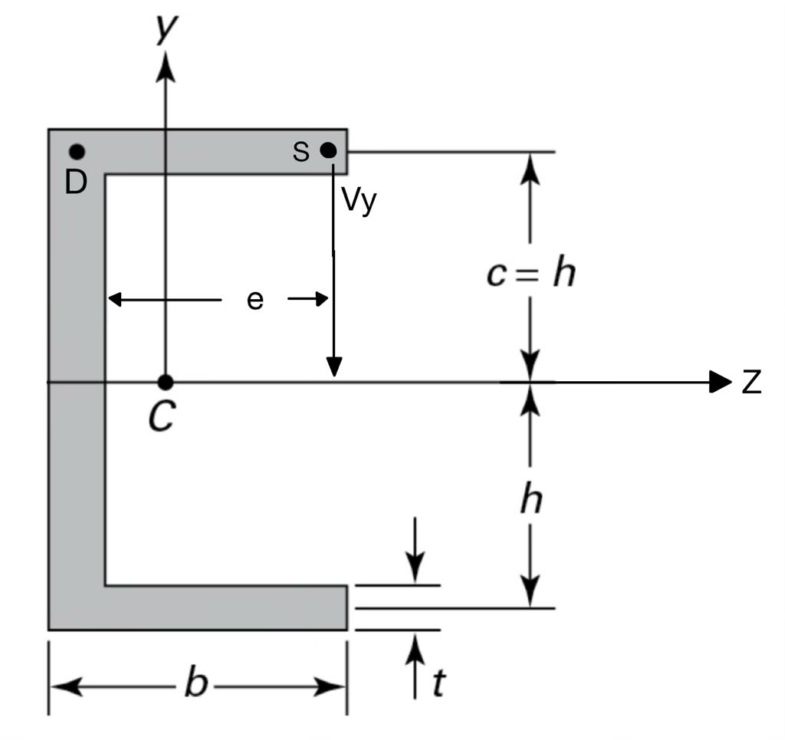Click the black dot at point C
tap(165, 382)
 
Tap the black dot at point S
tap(328, 150)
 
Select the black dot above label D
tap(77, 152)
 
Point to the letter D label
tap(75, 183)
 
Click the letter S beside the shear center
tap(301, 152)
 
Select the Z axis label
tap(751, 383)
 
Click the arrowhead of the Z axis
tap(721, 382)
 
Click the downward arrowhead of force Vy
tap(333, 368)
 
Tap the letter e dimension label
tap(255, 300)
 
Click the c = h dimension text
tap(530, 273)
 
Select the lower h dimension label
tap(530, 501)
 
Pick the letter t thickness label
tap(438, 683)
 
